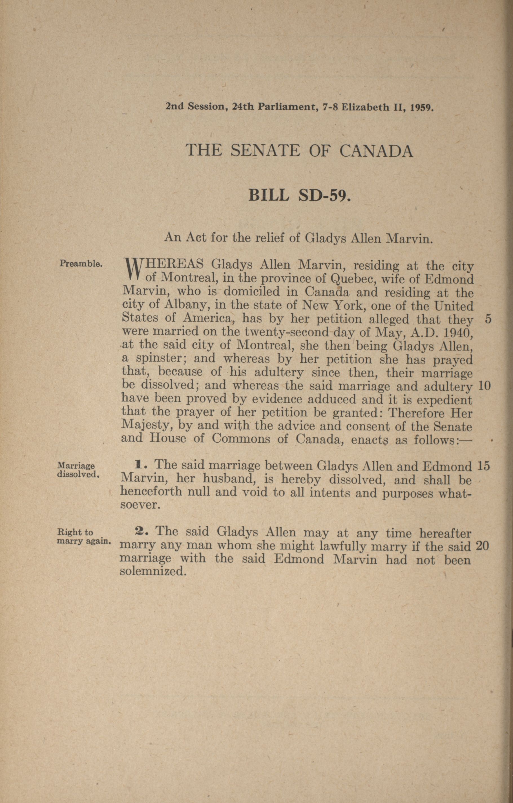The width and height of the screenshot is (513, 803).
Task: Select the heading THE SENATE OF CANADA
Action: (299, 151)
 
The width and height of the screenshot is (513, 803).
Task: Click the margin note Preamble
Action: (80, 263)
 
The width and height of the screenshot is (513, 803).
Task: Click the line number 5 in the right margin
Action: (488, 319)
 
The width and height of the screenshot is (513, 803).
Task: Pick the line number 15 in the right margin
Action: (483, 466)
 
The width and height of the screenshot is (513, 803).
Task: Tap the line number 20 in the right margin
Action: (483, 546)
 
